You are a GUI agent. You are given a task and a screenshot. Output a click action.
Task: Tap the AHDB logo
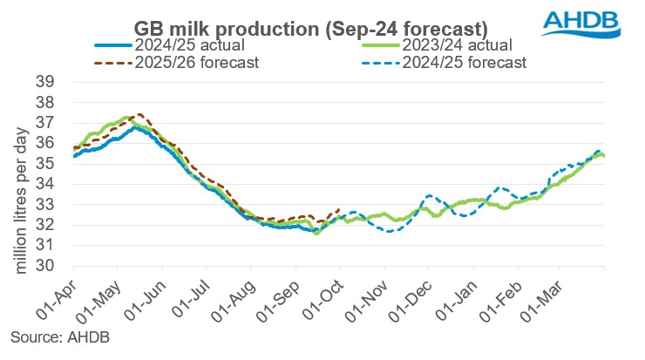click(x=587, y=22)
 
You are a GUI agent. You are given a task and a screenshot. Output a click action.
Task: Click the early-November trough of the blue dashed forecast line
click(x=390, y=230)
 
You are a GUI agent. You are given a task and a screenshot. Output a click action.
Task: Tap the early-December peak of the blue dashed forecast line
click(x=429, y=196)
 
